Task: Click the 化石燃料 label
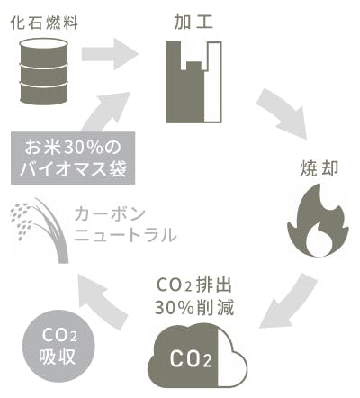(44, 23)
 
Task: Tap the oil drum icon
(44, 71)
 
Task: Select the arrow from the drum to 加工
(110, 54)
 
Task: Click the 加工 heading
(193, 22)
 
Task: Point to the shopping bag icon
(193, 82)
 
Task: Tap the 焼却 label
(319, 169)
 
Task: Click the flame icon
(318, 221)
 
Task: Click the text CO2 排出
(194, 285)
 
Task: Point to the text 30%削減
(194, 307)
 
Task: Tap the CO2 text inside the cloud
(191, 358)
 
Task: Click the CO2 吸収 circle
(58, 346)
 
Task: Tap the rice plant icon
(40, 231)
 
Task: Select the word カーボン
(110, 213)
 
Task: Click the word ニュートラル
(125, 235)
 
